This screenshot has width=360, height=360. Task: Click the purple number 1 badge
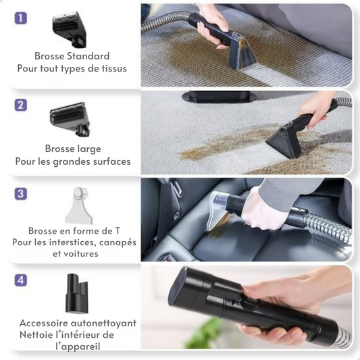(21, 18)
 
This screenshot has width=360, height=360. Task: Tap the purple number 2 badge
(21, 105)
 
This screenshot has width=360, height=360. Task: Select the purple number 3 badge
(21, 193)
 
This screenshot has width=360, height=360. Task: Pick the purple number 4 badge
(21, 279)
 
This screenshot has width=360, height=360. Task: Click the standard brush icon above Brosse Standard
(69, 29)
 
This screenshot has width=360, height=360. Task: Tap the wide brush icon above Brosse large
(70, 119)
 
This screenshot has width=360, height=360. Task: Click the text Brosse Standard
(72, 56)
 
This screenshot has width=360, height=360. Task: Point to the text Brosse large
(72, 149)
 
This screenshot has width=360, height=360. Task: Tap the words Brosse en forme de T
(74, 230)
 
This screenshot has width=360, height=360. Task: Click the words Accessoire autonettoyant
(78, 323)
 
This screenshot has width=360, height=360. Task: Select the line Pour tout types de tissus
(72, 68)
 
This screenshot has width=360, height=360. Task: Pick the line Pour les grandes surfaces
(73, 161)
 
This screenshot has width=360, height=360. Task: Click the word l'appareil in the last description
(78, 346)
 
